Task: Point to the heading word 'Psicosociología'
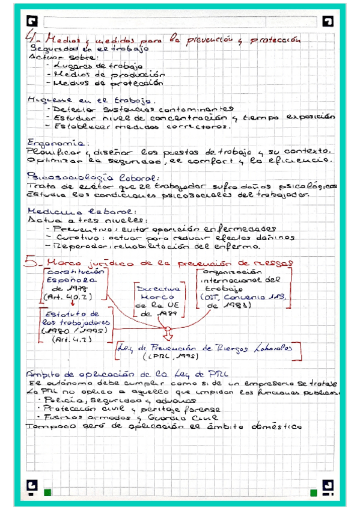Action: click(x=72, y=177)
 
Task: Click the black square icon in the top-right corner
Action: click(x=327, y=22)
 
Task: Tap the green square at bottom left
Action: click(x=47, y=493)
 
